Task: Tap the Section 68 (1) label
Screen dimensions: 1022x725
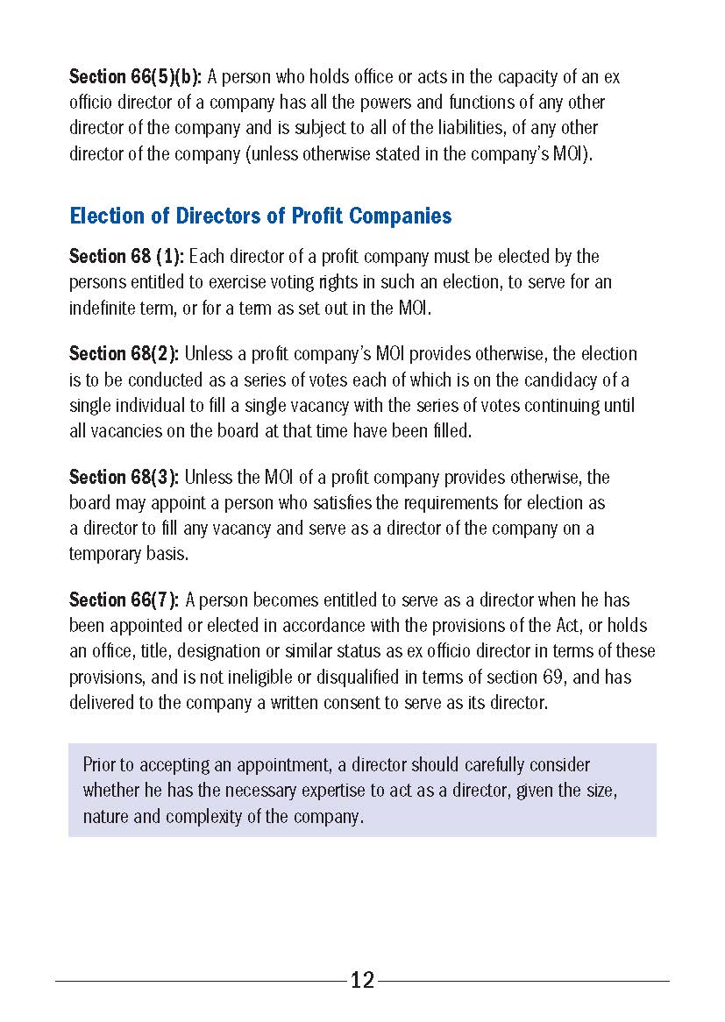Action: coord(126,257)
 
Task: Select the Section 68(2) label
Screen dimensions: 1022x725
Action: coord(124,354)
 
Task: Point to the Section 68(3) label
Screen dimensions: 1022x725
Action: coord(124,478)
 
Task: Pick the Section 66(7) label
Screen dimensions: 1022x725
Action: coord(124,600)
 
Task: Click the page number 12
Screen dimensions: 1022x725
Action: coord(362,981)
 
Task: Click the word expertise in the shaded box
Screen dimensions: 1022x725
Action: coord(315,791)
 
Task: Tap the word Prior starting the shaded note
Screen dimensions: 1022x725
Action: coord(102,765)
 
